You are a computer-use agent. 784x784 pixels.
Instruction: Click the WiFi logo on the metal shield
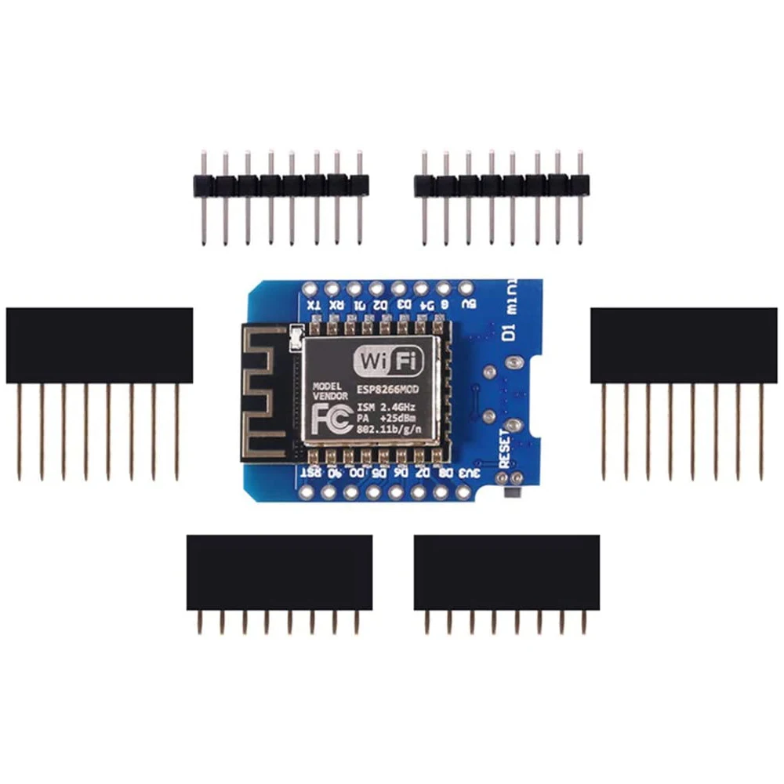click(x=390, y=360)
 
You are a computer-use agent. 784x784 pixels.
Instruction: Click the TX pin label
click(x=312, y=306)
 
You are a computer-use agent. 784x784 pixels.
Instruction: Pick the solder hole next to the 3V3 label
click(x=463, y=492)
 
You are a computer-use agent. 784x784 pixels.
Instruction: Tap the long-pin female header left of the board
click(x=100, y=345)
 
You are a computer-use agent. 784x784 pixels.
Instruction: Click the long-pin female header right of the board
click(x=684, y=345)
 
